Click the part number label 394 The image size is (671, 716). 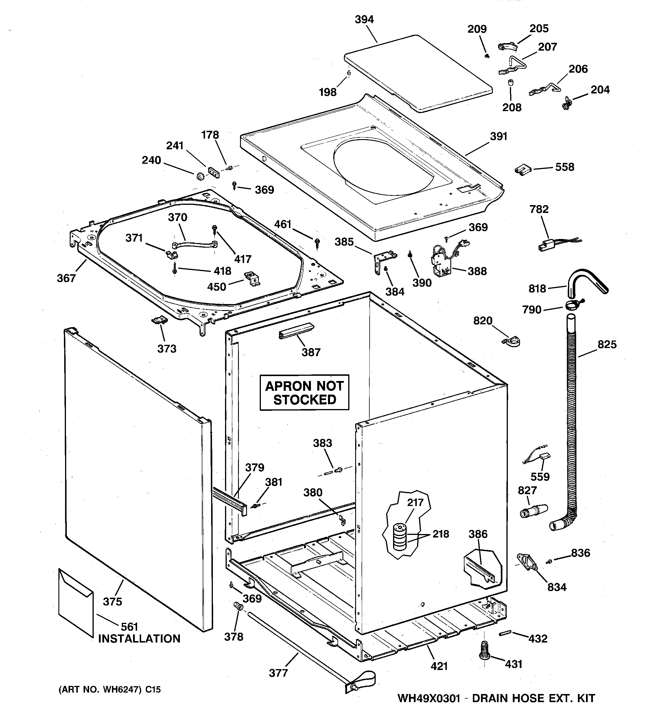coord(364,19)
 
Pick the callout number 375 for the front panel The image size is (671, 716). coord(113,601)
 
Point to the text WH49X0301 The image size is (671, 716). coord(429,698)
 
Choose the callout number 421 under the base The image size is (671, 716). coord(439,666)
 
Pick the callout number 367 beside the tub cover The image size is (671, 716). coord(66,278)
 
